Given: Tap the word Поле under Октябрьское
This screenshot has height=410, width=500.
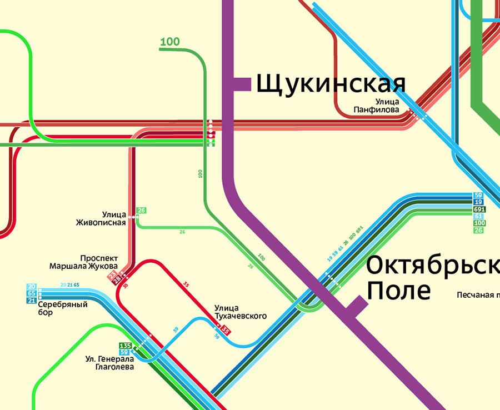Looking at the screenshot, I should (399, 290).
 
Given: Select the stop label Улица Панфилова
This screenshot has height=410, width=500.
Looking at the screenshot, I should (376, 106).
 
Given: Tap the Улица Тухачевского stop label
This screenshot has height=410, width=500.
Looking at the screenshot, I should (240, 312).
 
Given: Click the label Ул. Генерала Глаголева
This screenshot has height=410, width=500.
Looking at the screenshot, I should (109, 362).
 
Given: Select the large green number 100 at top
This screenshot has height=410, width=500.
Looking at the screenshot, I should (169, 42).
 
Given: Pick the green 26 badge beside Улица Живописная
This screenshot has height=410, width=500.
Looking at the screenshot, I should (142, 211).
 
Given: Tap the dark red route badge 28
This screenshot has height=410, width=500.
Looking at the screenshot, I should (117, 281).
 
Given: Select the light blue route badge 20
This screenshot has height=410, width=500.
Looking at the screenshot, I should (31, 286).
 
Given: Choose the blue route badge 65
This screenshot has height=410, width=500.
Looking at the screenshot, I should (31, 293).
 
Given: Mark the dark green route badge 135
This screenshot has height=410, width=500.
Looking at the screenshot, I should (124, 346).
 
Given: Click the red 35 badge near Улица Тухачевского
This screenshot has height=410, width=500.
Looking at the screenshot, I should (226, 331).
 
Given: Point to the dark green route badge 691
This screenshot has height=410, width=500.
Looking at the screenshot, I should (478, 209).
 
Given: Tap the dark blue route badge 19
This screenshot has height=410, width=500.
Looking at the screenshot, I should (478, 202).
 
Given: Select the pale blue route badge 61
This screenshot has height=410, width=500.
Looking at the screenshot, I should (478, 216).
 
